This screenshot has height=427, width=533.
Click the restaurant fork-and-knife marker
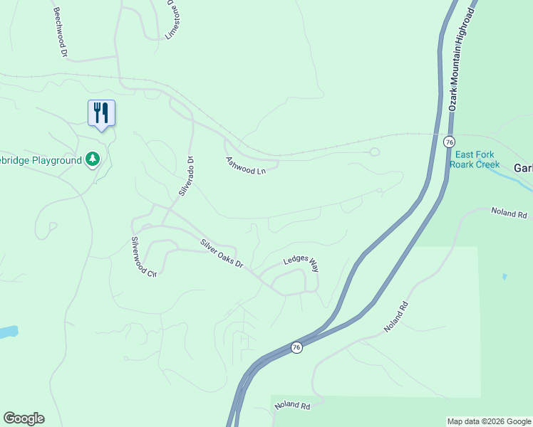[x=101, y=112]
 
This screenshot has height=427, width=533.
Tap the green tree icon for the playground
[x=92, y=159]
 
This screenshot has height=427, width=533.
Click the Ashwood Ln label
[x=246, y=166]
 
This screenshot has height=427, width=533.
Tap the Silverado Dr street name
[x=186, y=176]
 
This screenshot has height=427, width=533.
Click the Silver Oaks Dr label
[x=222, y=253]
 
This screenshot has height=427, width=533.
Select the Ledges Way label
[x=301, y=264]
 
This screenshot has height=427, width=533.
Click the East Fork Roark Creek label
[x=477, y=159]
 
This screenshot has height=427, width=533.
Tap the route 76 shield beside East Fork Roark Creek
[x=448, y=142]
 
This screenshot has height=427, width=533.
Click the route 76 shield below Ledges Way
[x=296, y=347]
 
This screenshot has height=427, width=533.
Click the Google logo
[x=24, y=418]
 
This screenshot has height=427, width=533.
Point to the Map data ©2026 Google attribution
[x=489, y=421]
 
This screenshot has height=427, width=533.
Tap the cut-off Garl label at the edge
[x=523, y=168]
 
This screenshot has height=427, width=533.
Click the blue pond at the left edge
[x=6, y=332]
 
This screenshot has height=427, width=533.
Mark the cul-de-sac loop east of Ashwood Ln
[x=375, y=152]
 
